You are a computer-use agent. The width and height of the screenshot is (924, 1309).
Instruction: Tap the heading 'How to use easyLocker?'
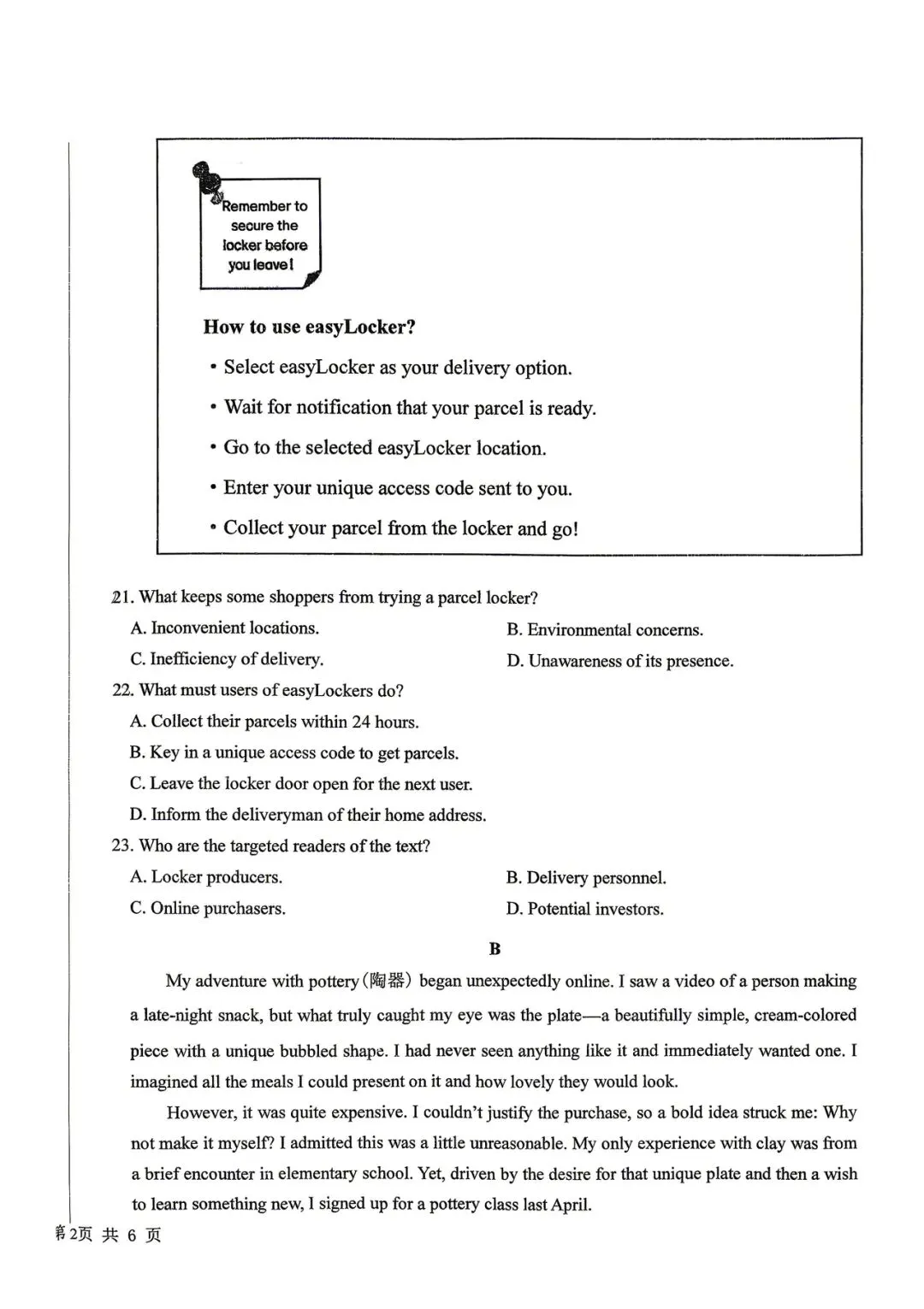coord(309,327)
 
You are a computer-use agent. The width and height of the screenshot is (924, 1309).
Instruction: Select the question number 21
coord(121,597)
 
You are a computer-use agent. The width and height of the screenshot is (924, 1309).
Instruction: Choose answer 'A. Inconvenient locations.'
coord(224,628)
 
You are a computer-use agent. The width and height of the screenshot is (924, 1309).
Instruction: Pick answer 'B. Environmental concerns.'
coord(604,630)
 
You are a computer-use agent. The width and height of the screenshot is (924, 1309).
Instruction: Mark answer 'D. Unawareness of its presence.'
coord(619,661)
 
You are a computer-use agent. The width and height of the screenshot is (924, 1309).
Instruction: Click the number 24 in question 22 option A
coord(361,722)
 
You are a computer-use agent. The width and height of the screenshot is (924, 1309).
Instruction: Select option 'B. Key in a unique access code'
coord(293,753)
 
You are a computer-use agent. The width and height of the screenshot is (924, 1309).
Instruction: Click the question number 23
coord(121,846)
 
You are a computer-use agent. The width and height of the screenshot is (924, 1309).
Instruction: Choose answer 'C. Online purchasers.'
coord(207,908)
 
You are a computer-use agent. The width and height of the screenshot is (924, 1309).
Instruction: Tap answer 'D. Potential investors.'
coord(584,909)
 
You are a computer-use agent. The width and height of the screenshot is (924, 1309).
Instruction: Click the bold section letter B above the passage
coord(495,948)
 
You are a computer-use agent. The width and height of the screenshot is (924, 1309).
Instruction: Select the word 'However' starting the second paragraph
coord(200,1112)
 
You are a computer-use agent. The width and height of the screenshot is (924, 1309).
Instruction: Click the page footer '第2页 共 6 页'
coord(108,1235)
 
